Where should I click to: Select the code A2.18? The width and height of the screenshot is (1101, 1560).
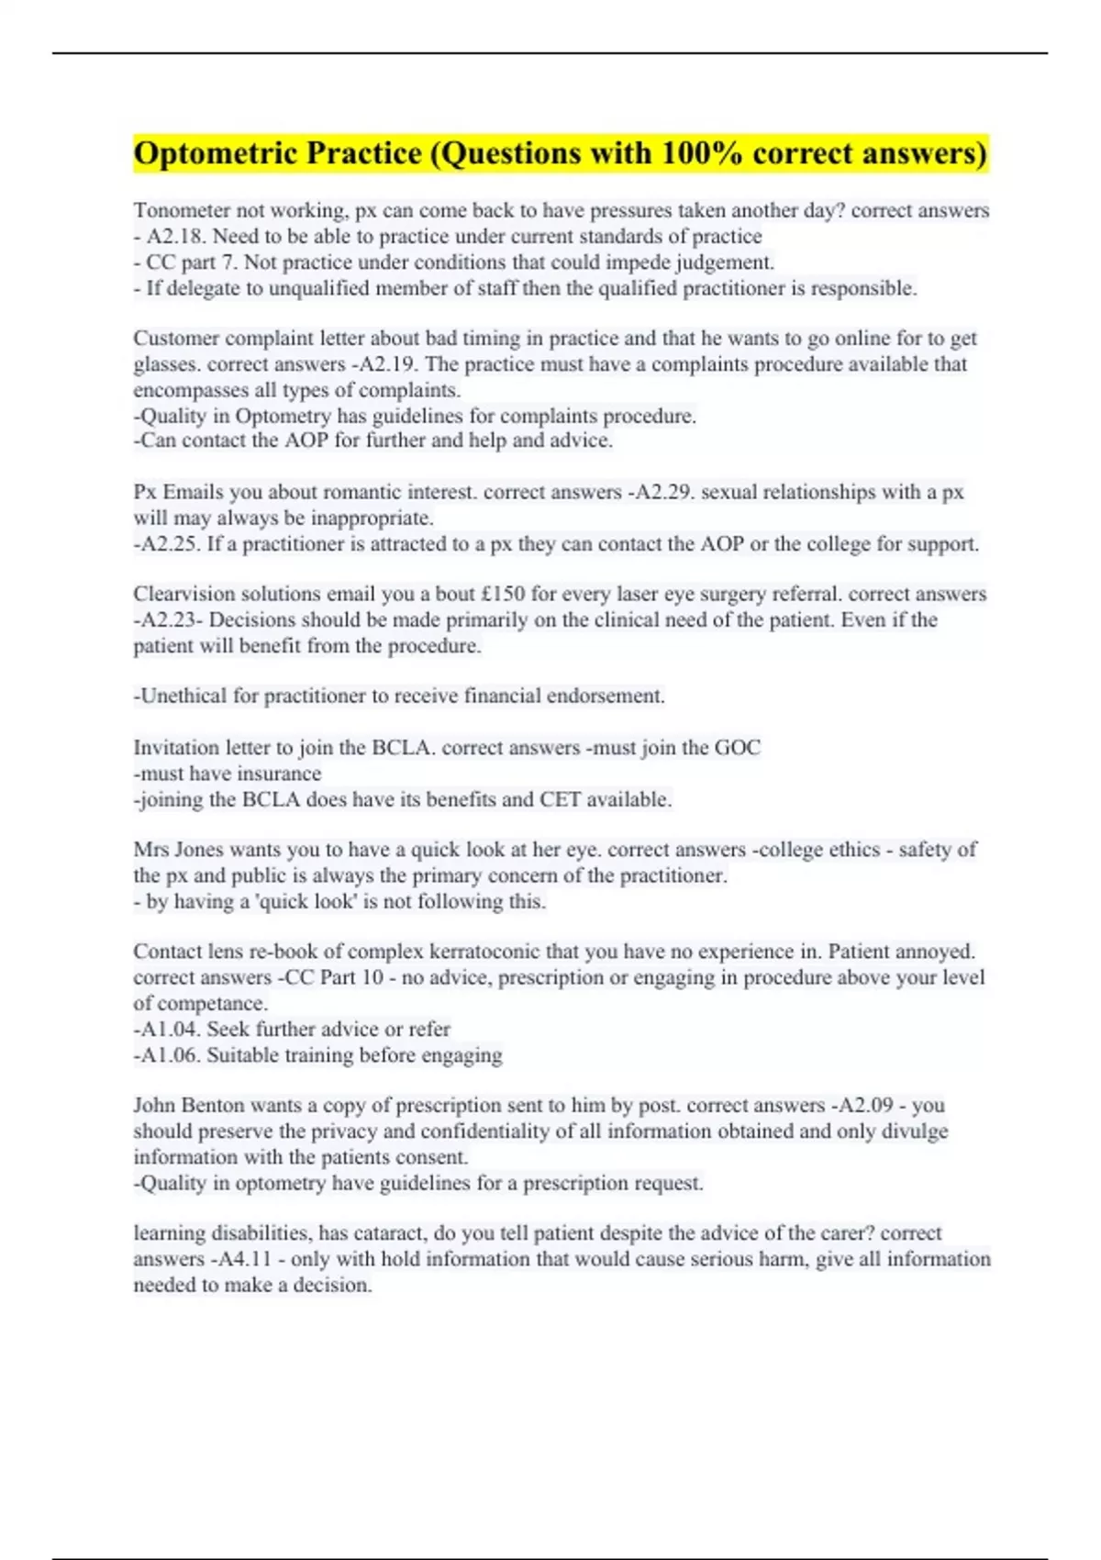[x=176, y=237]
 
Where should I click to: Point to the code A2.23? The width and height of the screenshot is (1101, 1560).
[x=169, y=620]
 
